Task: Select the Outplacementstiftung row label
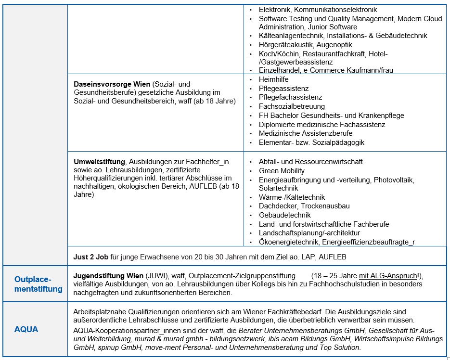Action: click(39, 284)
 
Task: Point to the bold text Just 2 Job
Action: click(90, 257)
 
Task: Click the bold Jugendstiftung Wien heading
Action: click(108, 275)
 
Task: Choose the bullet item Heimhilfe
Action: click(274, 79)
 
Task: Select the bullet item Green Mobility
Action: click(282, 170)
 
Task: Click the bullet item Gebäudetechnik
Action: click(284, 215)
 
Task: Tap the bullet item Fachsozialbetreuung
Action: click(292, 106)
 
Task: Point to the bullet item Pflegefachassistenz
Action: click(290, 97)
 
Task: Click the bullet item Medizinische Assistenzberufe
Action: click(306, 133)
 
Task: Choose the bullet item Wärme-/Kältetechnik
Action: click(292, 197)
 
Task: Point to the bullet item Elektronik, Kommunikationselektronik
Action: click(318, 10)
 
